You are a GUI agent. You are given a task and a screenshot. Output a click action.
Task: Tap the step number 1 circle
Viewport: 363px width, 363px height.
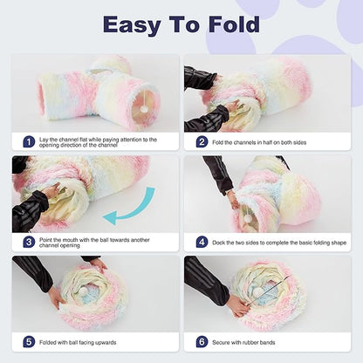point(29,141)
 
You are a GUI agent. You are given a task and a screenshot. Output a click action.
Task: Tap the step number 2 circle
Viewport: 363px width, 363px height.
point(202,141)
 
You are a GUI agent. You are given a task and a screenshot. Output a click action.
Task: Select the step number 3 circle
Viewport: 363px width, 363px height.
point(29,242)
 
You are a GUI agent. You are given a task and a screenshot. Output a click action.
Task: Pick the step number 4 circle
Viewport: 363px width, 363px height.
point(202,242)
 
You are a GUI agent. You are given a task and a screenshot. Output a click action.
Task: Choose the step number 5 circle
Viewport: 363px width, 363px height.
point(29,343)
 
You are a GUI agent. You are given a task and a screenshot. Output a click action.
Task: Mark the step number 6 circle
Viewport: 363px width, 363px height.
point(202,343)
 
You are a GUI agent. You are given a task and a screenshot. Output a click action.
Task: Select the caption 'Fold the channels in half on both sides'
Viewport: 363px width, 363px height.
point(274,141)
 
